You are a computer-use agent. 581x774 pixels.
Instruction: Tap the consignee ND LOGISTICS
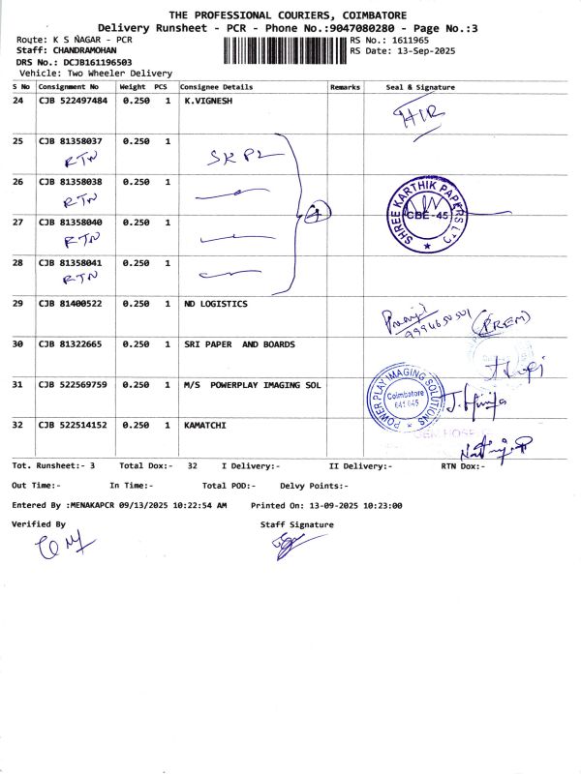215,304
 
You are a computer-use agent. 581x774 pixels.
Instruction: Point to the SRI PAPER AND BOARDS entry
239,344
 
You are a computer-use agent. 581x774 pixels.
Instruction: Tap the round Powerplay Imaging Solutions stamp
408,399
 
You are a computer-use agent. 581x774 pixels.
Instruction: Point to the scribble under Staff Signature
287,548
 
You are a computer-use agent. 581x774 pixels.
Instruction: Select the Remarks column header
345,87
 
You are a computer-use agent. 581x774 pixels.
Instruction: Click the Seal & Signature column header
419,87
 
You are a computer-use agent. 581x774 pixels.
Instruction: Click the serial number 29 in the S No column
18,304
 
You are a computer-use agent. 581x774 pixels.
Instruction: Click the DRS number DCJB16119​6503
87,62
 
